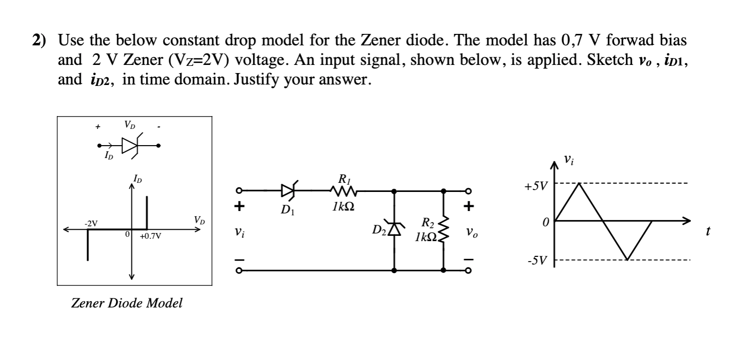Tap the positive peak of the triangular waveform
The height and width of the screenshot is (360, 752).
[x=579, y=183]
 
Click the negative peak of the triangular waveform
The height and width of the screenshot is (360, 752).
[x=627, y=260]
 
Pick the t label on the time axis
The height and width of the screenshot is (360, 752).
[x=708, y=232]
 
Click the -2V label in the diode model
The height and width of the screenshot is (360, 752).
[x=91, y=223]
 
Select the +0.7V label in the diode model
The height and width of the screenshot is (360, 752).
[x=151, y=236]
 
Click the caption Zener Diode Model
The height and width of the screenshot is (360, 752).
[x=126, y=303]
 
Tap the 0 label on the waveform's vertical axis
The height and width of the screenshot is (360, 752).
[x=546, y=222]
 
